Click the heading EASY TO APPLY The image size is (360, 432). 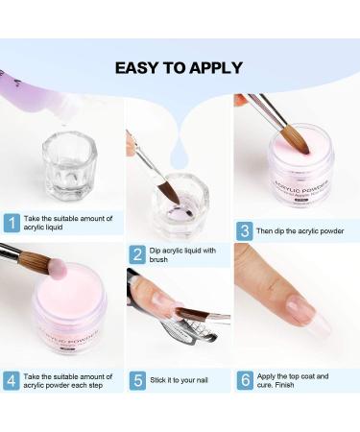(179, 67)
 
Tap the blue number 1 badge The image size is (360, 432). (12, 224)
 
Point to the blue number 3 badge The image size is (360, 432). (246, 229)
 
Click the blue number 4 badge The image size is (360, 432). (12, 379)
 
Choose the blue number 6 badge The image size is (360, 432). (246, 379)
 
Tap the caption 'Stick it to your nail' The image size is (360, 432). (184, 379)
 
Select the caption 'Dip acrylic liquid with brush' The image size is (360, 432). (183, 254)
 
